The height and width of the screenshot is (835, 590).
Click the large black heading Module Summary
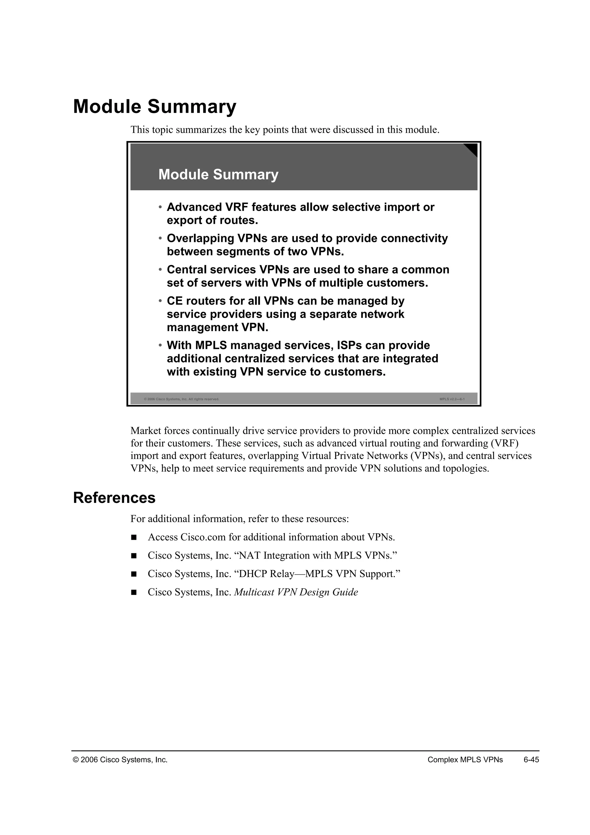point(154,107)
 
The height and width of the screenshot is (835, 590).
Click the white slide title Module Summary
point(218,174)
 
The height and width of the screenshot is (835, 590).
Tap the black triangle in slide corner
point(472,149)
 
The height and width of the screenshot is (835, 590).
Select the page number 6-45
point(531,760)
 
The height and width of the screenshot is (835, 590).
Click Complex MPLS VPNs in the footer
point(465,760)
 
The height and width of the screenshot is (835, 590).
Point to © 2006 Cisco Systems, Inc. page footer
point(120,760)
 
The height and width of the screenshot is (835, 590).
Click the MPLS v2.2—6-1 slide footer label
point(452,399)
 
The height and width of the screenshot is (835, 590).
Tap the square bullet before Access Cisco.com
point(134,537)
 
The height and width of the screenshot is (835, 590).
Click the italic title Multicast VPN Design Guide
point(296,592)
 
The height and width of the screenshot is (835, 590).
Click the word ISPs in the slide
point(349,345)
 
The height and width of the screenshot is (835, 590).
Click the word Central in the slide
point(186,270)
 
